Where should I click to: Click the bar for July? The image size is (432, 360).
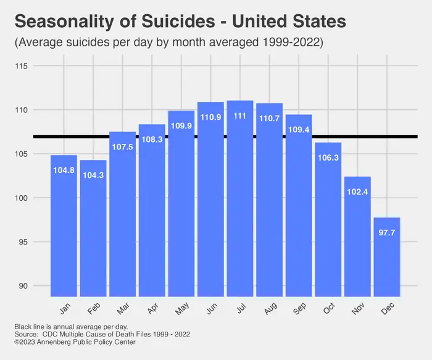pos(240,204)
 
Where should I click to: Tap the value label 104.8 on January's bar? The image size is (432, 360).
pos(64,170)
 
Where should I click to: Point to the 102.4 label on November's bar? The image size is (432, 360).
pos(357,191)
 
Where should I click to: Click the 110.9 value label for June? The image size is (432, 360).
pos(210,117)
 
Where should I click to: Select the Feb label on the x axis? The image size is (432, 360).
pos(94,308)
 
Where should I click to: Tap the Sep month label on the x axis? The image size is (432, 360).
pos(299,308)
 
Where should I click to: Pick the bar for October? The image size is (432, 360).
pos(328,222)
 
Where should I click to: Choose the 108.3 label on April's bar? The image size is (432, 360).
pos(152,140)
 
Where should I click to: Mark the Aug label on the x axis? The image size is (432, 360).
pos(270,308)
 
